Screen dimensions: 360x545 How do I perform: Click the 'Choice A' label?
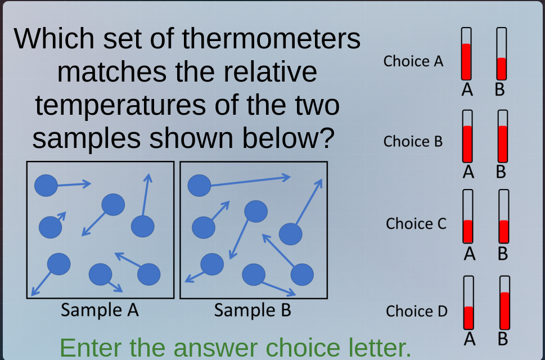coord(413,61)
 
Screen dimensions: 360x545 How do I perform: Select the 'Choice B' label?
coord(413,141)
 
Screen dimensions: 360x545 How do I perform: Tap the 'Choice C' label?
coord(416,223)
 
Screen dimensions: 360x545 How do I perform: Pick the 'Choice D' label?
coord(416,311)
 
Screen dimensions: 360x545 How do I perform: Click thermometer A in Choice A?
coord(466,54)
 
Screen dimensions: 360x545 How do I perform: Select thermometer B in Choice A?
coord(502,54)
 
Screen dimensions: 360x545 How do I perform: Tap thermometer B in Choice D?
coord(505,303)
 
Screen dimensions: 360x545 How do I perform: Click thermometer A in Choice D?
coord(469,303)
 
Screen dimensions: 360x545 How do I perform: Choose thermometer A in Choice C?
coord(468,216)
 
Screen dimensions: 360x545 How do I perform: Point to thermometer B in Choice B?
coord(503,136)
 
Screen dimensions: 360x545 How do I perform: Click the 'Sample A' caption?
coord(100,309)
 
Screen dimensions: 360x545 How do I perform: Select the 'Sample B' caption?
coord(253,309)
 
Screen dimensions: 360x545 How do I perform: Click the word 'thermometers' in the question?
coord(271,38)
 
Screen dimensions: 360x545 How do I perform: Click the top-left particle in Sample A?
coord(46,185)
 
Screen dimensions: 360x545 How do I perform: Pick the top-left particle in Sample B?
coord(199,185)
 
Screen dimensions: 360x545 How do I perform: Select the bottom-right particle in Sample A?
coord(149,274)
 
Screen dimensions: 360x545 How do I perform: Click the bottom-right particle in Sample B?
coord(302,274)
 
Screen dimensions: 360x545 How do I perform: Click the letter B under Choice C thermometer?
coord(503,254)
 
